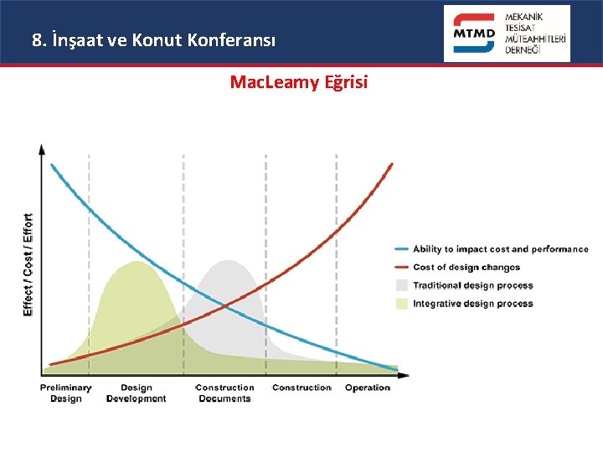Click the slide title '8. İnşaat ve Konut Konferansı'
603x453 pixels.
click(x=152, y=39)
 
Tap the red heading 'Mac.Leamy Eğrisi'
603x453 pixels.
click(x=299, y=82)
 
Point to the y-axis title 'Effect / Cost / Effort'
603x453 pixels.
click(x=28, y=264)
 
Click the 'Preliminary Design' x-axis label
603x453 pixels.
click(x=65, y=393)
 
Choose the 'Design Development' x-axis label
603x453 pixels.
click(x=136, y=393)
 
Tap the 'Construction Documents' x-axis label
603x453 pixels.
click(x=224, y=393)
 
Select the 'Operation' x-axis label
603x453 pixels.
click(x=367, y=388)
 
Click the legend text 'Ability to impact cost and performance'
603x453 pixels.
click(x=500, y=249)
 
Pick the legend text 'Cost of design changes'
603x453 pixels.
click(x=466, y=268)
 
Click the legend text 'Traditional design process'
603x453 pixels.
click(x=472, y=285)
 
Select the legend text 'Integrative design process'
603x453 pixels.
click(x=472, y=304)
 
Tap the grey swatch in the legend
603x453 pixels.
click(x=402, y=285)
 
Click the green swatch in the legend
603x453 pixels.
click(x=402, y=304)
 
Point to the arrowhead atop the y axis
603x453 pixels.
click(x=43, y=148)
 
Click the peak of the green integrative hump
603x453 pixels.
click(x=136, y=263)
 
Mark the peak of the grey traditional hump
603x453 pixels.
click(x=228, y=261)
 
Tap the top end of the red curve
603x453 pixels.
click(x=391, y=164)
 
